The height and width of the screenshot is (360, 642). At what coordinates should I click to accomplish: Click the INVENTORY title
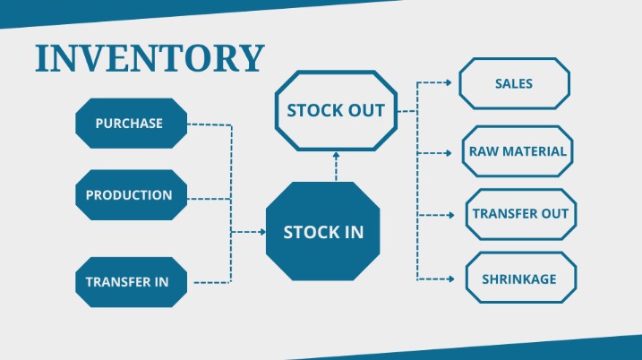pyautogui.click(x=150, y=57)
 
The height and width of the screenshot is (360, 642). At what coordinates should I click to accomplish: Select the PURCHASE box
pyautogui.click(x=130, y=124)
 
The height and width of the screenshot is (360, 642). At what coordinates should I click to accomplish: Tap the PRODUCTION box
pyautogui.click(x=129, y=194)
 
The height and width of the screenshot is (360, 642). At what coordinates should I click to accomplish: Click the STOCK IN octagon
pyautogui.click(x=323, y=232)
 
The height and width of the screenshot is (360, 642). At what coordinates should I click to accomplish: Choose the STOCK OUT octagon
pyautogui.click(x=335, y=111)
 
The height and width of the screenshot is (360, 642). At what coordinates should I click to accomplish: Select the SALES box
pyautogui.click(x=514, y=84)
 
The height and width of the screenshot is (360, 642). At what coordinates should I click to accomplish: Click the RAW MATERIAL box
pyautogui.click(x=518, y=151)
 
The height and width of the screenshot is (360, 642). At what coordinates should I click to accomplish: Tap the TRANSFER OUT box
pyautogui.click(x=520, y=215)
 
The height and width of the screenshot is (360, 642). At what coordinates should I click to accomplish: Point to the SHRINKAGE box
pyautogui.click(x=520, y=279)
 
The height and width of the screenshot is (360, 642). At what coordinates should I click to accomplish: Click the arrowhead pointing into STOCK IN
pyautogui.click(x=262, y=232)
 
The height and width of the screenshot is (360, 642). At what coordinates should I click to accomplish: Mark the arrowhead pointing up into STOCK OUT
pyautogui.click(x=336, y=155)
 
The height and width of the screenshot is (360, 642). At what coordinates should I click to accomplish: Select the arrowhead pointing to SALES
pyautogui.click(x=449, y=83)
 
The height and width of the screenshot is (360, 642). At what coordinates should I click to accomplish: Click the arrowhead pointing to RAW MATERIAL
pyautogui.click(x=449, y=153)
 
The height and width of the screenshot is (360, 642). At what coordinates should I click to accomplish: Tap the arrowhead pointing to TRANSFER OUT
pyautogui.click(x=452, y=215)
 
